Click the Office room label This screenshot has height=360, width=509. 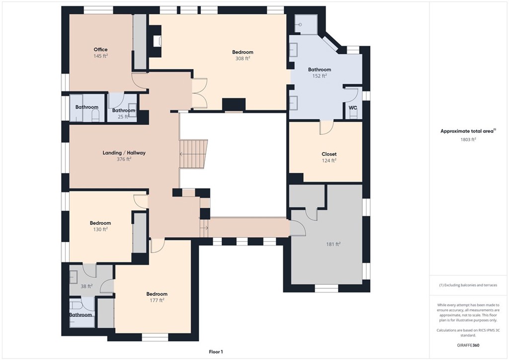click(100, 50)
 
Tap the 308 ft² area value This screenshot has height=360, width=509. click(243, 59)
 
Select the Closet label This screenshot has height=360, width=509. click(329, 154)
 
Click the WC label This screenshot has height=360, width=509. click(353, 108)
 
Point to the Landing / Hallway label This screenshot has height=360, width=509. click(124, 153)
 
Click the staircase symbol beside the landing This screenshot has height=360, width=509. click(193, 154)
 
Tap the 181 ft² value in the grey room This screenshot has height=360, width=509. click(334, 244)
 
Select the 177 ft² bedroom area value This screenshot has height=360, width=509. click(157, 300)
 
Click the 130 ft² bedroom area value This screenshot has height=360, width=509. click(100, 229)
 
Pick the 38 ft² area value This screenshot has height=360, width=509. click(86, 286)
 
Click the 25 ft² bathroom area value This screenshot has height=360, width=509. click(123, 116)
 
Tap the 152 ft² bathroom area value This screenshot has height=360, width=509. click(320, 76)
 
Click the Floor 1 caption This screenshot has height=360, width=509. click(216, 352)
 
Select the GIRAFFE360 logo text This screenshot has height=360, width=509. click(468, 345)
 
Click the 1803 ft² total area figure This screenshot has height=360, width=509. click(468, 140)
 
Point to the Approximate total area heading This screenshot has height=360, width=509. click(468, 131)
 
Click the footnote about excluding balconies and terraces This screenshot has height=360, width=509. click(468, 285)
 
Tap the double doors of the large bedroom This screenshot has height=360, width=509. click(200, 93)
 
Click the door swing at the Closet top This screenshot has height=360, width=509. click(326, 127)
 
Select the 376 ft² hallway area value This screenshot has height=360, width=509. click(124, 159)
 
